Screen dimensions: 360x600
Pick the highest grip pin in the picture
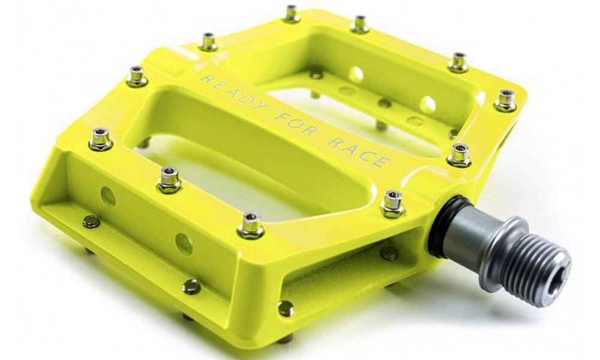click(x=292, y=13)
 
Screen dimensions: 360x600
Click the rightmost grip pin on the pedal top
click(x=505, y=100)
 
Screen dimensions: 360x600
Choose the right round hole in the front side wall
click(x=184, y=242)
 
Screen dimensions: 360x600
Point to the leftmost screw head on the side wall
click(x=91, y=221)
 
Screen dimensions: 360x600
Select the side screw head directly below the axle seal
click(x=389, y=254)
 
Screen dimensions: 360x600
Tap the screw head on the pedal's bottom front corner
click(x=286, y=308)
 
